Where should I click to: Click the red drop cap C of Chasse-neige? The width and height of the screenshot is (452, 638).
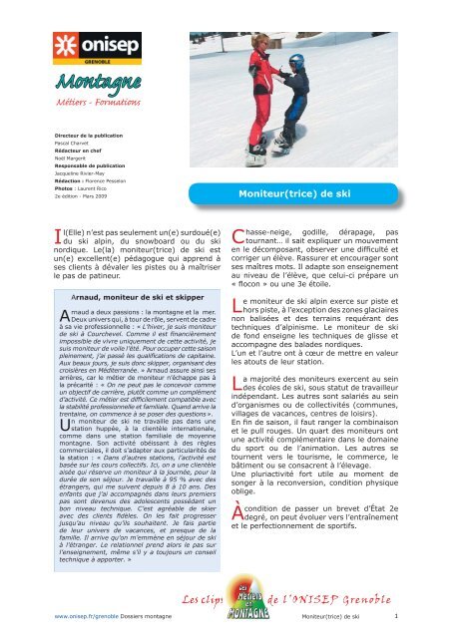pyautogui.click(x=237, y=236)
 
